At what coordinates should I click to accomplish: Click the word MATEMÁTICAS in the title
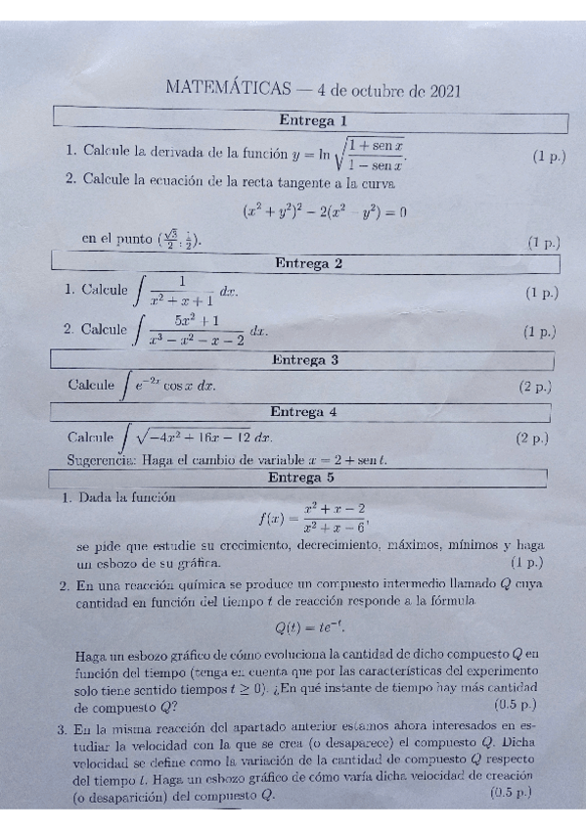tap(228, 90)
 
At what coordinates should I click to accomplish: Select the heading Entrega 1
tap(312, 121)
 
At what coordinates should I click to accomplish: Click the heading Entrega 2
tap(308, 263)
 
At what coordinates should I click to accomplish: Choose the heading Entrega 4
tap(302, 412)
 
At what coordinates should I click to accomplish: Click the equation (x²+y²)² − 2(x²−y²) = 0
tap(324, 211)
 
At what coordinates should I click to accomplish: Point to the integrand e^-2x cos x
tap(175, 386)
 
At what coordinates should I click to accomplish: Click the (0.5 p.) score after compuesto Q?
tap(515, 705)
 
